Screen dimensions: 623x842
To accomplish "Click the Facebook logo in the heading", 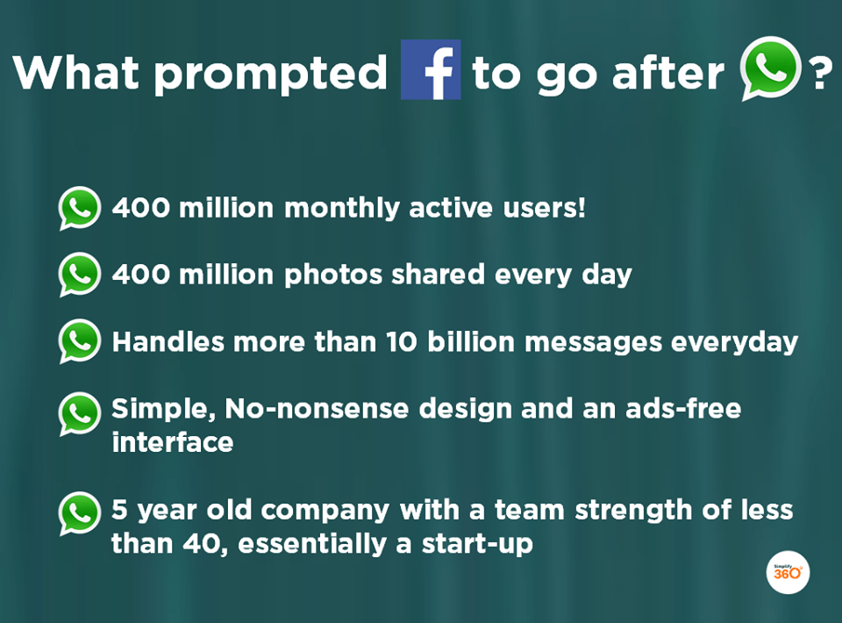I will pos(431,70).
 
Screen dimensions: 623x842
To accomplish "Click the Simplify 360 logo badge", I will pos(787,572).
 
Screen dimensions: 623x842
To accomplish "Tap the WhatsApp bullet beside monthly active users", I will pos(80,208).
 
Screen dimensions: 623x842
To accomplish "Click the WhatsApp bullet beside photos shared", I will pos(80,274).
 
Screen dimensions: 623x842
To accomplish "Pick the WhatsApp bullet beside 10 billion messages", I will pos(80,340).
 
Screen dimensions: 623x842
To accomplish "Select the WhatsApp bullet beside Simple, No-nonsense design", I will pos(80,413).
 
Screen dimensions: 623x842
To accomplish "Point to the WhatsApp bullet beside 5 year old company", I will pos(80,513).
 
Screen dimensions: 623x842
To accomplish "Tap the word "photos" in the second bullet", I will pos(335,276).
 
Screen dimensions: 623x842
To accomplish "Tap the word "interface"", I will pos(172,442).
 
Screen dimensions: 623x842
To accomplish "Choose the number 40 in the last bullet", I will pos(204,543).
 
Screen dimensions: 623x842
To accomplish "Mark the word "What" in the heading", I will pos(74,73).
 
